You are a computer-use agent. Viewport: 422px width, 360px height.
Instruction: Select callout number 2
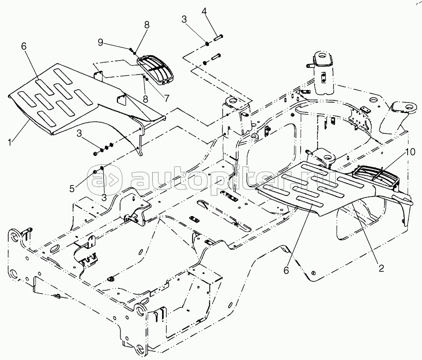[381, 268]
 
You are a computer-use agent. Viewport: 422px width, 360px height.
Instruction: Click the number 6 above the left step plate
[23, 46]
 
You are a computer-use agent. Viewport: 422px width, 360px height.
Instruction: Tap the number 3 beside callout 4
[184, 19]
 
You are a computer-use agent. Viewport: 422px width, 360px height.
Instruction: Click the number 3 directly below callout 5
[104, 197]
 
